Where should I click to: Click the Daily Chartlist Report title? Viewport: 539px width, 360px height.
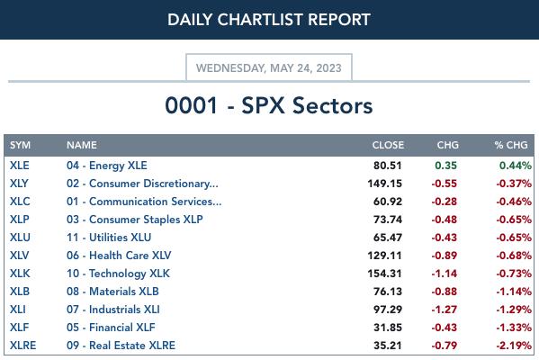click(x=269, y=19)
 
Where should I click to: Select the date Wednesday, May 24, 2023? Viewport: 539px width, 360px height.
click(x=269, y=67)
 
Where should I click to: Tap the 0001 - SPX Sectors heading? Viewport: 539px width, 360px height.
click(x=269, y=105)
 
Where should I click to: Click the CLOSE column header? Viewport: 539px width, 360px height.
click(x=388, y=145)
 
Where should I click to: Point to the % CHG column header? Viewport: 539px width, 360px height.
click(x=511, y=145)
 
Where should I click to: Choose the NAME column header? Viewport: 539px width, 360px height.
click(x=82, y=145)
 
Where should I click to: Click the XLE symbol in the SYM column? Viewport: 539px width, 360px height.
click(x=20, y=166)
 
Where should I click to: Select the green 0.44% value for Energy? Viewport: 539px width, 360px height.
click(x=516, y=166)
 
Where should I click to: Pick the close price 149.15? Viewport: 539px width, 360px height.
click(x=384, y=184)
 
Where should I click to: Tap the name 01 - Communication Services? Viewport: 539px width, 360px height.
click(x=144, y=201)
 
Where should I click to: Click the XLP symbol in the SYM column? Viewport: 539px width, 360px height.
click(x=20, y=220)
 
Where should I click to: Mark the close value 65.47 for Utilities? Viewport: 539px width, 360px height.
click(x=388, y=238)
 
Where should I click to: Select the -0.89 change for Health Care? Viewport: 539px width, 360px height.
click(x=445, y=256)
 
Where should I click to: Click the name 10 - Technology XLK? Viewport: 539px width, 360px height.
click(x=118, y=274)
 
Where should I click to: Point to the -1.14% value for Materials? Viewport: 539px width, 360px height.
click(x=514, y=292)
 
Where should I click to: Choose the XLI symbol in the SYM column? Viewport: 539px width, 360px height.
click(x=18, y=310)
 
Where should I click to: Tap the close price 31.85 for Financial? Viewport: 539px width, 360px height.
click(x=388, y=328)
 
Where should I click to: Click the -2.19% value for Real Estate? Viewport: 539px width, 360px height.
click(x=514, y=346)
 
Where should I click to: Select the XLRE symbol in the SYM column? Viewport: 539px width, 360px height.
click(x=23, y=346)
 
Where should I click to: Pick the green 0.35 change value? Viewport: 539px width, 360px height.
click(x=445, y=166)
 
